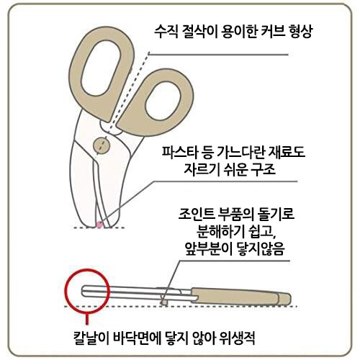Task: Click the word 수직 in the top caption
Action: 166,32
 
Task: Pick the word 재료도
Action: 287,152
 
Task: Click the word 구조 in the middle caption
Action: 264,169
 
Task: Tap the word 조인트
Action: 196,214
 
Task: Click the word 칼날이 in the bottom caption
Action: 91,338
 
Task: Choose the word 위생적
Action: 238,338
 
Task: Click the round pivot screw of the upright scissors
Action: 102,145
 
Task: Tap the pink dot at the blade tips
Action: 99,225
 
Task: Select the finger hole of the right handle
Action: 163,102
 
